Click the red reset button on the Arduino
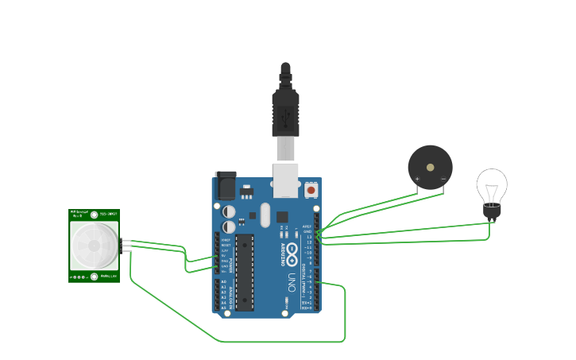click(x=311, y=190)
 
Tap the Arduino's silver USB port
click(x=285, y=180)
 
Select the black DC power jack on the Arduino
click(x=225, y=185)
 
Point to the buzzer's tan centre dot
click(x=430, y=168)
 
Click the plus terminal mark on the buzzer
click(x=417, y=180)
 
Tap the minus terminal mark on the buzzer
click(x=443, y=180)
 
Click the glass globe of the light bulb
click(x=492, y=186)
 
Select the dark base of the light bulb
click(x=493, y=211)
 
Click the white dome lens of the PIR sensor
click(x=94, y=245)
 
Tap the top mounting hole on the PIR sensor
click(x=95, y=215)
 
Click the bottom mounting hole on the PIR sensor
click(x=95, y=277)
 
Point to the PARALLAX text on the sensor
click(x=109, y=277)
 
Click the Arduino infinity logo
click(x=292, y=255)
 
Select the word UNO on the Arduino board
click(x=292, y=281)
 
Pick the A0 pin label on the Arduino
click(x=223, y=282)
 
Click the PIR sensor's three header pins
click(x=126, y=245)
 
